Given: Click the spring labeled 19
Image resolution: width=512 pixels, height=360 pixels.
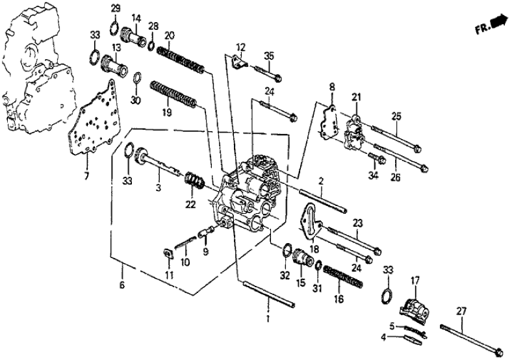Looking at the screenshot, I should point(172,94).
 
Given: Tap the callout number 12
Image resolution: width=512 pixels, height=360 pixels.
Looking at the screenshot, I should point(242,47).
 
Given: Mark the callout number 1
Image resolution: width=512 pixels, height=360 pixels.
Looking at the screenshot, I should point(268,320).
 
